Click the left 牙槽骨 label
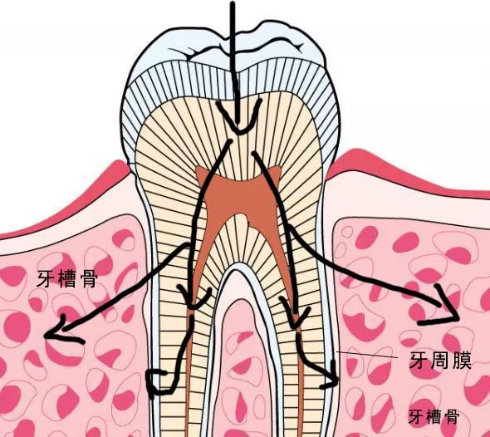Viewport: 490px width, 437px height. [x=67, y=278]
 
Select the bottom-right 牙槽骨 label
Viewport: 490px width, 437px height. [x=434, y=416]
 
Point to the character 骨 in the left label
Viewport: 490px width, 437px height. [x=89, y=278]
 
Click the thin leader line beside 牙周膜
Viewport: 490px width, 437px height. [x=367, y=355]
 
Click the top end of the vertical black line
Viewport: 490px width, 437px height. [x=233, y=2]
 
